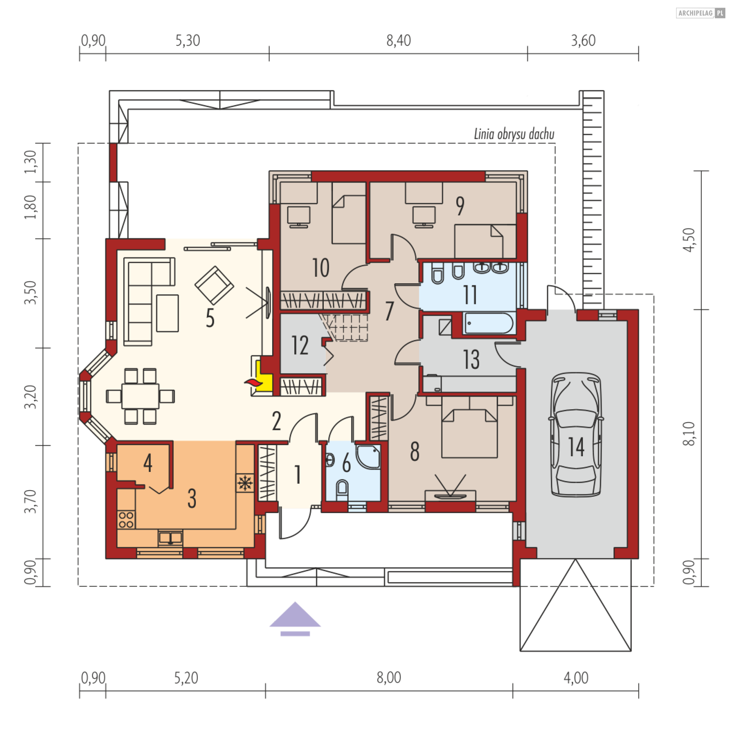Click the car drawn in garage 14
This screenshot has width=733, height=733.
click(576, 434)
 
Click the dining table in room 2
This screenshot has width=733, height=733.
click(140, 396)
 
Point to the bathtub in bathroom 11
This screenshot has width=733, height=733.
click(489, 323)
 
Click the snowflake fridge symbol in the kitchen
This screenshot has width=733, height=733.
click(245, 483)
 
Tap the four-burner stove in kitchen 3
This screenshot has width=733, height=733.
click(126, 520)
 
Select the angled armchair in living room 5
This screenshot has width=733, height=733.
click(214, 285)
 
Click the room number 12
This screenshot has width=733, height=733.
click(300, 345)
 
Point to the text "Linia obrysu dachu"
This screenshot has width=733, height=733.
click(514, 134)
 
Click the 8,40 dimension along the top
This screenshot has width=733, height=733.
click(399, 40)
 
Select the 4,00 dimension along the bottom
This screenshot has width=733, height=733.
click(576, 678)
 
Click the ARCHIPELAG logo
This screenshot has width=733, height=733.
click(700, 13)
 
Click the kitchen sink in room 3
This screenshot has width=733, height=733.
click(170, 538)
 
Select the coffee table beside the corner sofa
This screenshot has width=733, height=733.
click(167, 313)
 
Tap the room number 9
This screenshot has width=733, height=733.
click(460, 206)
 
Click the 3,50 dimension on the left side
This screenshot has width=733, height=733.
click(31, 293)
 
